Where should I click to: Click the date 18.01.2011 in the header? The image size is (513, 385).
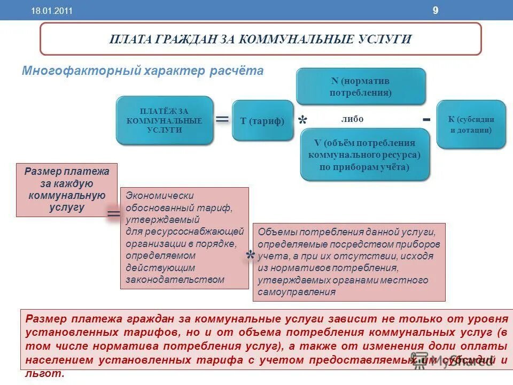[x=52, y=11]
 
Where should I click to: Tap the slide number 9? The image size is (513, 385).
[x=435, y=10]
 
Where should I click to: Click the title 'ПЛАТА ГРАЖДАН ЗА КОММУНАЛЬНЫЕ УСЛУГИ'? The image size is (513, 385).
[x=260, y=39]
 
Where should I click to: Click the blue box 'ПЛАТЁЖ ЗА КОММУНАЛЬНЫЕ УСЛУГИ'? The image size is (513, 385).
[x=164, y=120]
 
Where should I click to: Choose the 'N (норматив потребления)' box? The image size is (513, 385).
[x=361, y=87]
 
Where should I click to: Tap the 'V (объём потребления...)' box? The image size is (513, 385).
[x=364, y=155]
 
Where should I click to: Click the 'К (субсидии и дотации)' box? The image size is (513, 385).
[x=471, y=125]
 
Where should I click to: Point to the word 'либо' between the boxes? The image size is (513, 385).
[x=352, y=119]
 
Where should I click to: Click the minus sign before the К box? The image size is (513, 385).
[x=426, y=119]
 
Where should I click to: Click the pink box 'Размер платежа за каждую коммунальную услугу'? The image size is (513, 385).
[x=67, y=190]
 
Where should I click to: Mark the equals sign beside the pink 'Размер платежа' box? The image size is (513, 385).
[x=114, y=214]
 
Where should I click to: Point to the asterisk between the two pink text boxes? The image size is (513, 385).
[x=250, y=257]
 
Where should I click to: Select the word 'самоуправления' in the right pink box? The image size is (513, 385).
[x=297, y=292]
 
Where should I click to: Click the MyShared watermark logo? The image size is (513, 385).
[x=453, y=361]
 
